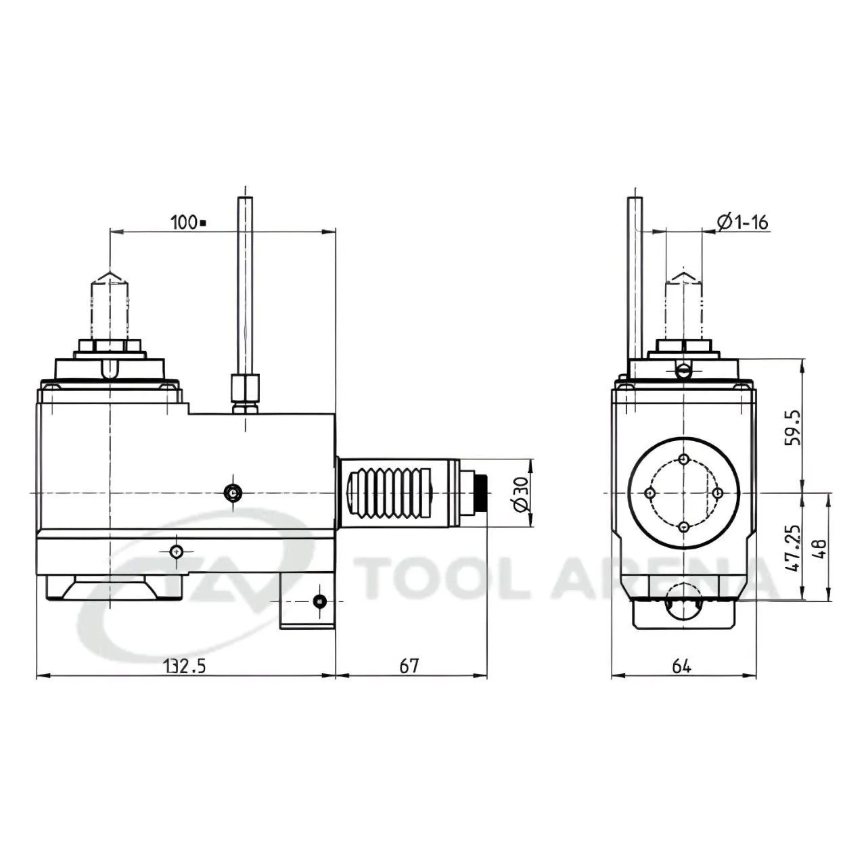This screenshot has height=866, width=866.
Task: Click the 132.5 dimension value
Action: pos(184,666)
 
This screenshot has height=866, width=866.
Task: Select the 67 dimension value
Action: pos(409,666)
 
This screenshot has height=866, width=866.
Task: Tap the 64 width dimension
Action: pos(681,666)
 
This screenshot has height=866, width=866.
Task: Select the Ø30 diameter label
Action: pos(520,494)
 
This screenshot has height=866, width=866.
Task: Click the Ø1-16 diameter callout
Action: pos(743,222)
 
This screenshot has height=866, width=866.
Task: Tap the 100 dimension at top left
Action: pos(184,222)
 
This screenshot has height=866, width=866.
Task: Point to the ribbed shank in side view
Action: pos(389,493)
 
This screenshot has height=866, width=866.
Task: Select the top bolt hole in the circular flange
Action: pos(684,460)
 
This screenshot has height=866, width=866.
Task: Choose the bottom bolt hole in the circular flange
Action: pos(684,526)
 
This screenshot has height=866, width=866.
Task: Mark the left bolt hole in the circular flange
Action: pos(650,493)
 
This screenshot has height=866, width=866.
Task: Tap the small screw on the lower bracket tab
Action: pos(319,601)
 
